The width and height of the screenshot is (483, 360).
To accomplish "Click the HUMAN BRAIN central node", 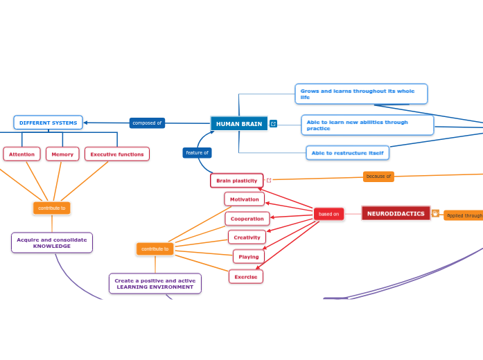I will [239, 124].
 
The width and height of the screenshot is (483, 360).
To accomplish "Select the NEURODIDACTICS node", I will [396, 213].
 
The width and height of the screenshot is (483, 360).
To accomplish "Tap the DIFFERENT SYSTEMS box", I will [48, 123].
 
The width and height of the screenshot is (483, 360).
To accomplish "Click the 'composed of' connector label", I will [147, 123].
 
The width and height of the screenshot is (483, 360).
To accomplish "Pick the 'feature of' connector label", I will [197, 152].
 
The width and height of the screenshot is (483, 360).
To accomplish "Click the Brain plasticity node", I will [236, 181].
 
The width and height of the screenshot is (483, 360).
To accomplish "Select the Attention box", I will [21, 154].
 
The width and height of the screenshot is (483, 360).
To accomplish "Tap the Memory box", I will [62, 154].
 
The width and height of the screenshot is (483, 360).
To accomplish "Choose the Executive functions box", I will [117, 154].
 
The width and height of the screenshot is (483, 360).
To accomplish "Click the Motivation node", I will [244, 199].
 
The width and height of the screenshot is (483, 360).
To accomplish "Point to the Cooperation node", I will [247, 219].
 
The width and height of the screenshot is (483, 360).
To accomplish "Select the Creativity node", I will [247, 237].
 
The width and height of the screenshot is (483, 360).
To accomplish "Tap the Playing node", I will [248, 257].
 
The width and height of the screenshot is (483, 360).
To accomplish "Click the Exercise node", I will [245, 277].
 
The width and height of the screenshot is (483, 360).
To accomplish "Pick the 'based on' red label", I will [328, 214].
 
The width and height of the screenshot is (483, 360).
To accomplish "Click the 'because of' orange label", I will [378, 177].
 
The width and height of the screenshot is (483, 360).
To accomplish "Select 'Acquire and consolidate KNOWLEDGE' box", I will [52, 243].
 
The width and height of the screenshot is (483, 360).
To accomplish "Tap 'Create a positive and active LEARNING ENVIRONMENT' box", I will [155, 284].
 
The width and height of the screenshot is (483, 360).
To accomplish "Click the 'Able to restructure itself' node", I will [347, 153].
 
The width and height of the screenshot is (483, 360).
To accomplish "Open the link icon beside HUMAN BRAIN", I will [273, 124].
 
